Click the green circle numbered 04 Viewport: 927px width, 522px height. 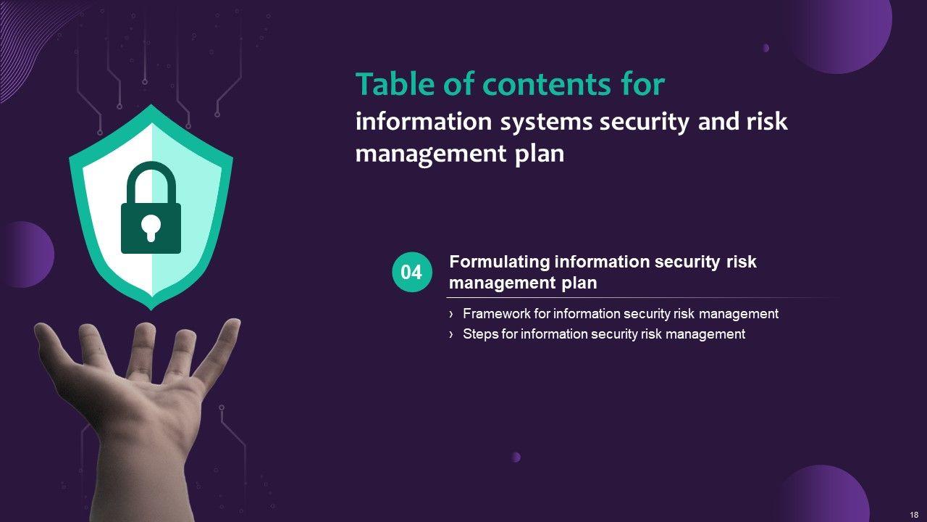pyautogui.click(x=412, y=272)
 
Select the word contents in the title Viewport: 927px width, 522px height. pyautogui.click(x=546, y=85)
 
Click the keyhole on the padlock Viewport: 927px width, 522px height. pyautogui.click(x=151, y=228)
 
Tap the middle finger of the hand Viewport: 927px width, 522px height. pyautogui.click(x=142, y=349)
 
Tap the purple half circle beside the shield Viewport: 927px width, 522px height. pyautogui.click(x=29, y=254)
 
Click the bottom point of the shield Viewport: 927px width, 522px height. pyautogui.click(x=151, y=310)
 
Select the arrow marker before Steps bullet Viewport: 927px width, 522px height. pyautogui.click(x=451, y=334)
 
